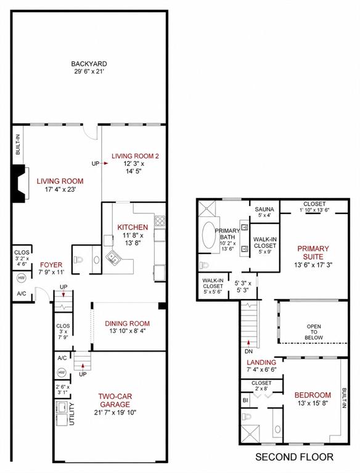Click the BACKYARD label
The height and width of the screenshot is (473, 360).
click(89, 64)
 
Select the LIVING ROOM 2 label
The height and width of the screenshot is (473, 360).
click(135, 156)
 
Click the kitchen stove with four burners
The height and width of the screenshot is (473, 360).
click(160, 221)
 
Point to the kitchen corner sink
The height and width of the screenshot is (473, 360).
click(113, 257)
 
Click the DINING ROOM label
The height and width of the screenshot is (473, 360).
click(127, 324)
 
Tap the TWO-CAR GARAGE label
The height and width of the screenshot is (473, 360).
click(115, 401)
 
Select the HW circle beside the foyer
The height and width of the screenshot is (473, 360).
click(21, 278)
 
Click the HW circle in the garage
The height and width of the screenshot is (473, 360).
click(62, 373)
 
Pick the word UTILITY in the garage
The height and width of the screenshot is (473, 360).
click(72, 414)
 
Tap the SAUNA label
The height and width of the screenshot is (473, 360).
click(264, 209)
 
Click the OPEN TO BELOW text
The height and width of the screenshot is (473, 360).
click(314, 332)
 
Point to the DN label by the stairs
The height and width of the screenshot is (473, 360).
click(248, 352)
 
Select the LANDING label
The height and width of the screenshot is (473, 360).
click(261, 362)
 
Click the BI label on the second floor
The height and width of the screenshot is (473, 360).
click(245, 401)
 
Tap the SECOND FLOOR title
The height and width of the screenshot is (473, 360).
click(294, 457)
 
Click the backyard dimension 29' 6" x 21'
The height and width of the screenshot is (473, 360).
click(89, 72)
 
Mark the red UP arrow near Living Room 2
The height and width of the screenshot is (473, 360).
click(105, 163)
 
